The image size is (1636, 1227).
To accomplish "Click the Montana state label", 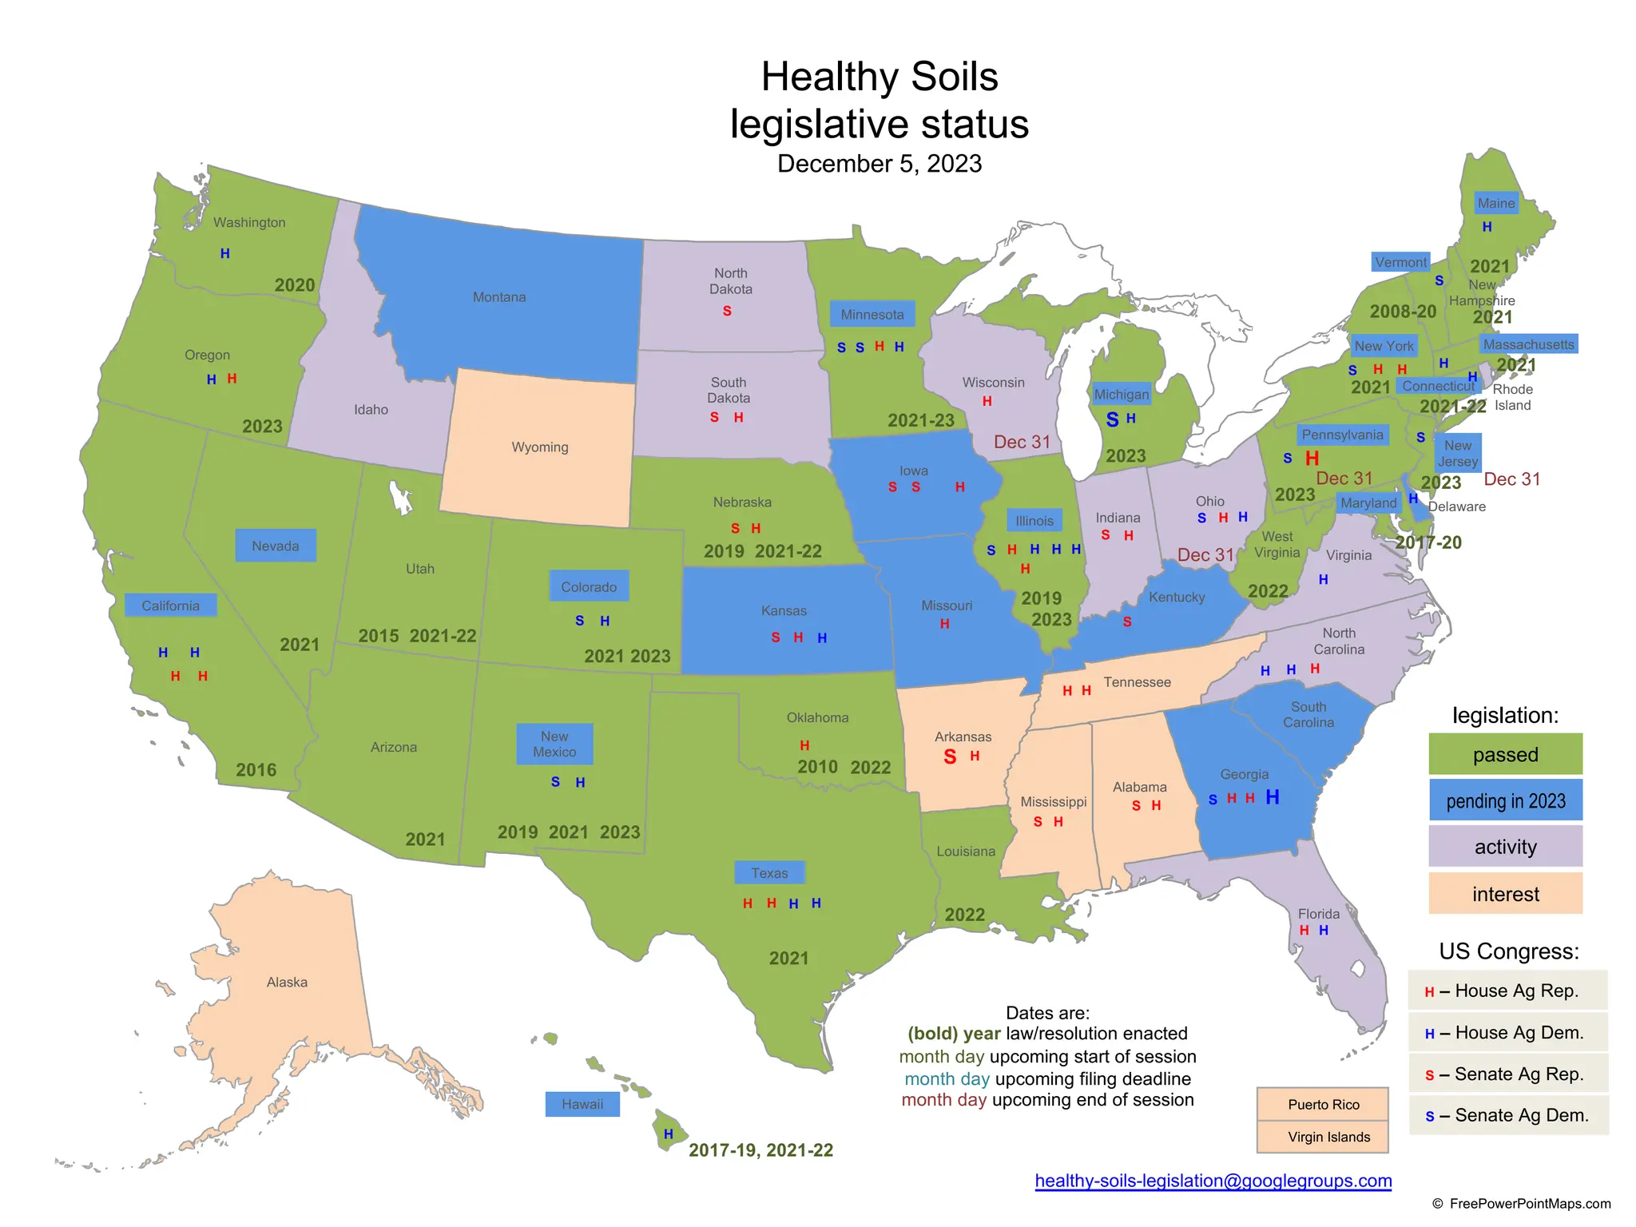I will (x=499, y=297).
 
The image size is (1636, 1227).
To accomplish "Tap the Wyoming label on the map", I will (x=540, y=447).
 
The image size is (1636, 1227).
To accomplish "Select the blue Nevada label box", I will (x=276, y=546).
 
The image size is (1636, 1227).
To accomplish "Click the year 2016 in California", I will (x=256, y=770).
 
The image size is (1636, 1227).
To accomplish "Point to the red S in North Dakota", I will (x=727, y=311).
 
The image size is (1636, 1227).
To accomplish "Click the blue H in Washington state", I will (x=225, y=253).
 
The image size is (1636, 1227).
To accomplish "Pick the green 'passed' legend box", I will (x=1505, y=754).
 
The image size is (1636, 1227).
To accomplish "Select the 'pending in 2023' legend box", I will (x=1505, y=800).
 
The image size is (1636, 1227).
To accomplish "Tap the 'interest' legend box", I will (x=1505, y=893).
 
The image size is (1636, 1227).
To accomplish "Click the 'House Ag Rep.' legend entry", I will (x=1507, y=991).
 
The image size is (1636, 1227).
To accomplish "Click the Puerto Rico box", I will (x=1323, y=1104).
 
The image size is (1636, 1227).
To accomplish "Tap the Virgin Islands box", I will (x=1328, y=1137).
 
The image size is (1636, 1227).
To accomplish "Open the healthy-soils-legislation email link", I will (x=1213, y=1181).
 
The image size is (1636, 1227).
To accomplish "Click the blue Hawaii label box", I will (x=582, y=1104).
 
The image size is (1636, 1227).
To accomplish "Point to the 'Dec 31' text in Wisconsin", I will (x=1022, y=442).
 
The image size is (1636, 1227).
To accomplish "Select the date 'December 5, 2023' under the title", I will (x=880, y=164).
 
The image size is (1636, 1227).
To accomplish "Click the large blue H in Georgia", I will (x=1273, y=796).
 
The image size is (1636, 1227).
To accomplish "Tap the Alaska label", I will (x=287, y=982).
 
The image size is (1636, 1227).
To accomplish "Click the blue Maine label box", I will (x=1495, y=203).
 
